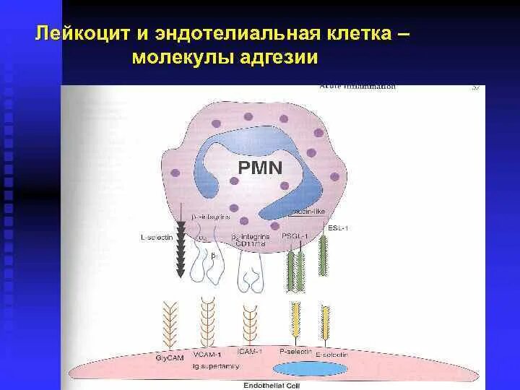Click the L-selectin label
157,236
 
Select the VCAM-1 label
209,354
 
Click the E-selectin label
333,355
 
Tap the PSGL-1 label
295,236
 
